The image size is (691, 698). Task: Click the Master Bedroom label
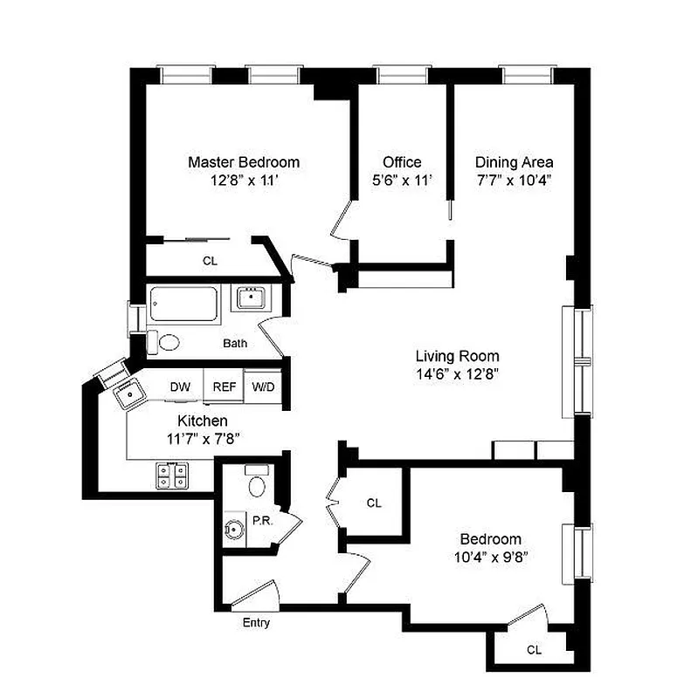(x=244, y=162)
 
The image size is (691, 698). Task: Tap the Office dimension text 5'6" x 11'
(x=402, y=181)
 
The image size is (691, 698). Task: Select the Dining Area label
(x=514, y=162)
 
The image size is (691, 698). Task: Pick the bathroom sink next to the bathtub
(x=252, y=298)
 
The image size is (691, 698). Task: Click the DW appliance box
(x=181, y=387)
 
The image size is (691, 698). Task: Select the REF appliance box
(x=225, y=387)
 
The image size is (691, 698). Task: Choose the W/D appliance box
(x=262, y=387)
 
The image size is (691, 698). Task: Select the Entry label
(x=256, y=623)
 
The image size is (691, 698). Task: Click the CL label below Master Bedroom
(x=210, y=261)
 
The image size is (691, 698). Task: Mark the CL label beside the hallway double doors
(x=374, y=503)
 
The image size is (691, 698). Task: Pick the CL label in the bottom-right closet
(x=534, y=650)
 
